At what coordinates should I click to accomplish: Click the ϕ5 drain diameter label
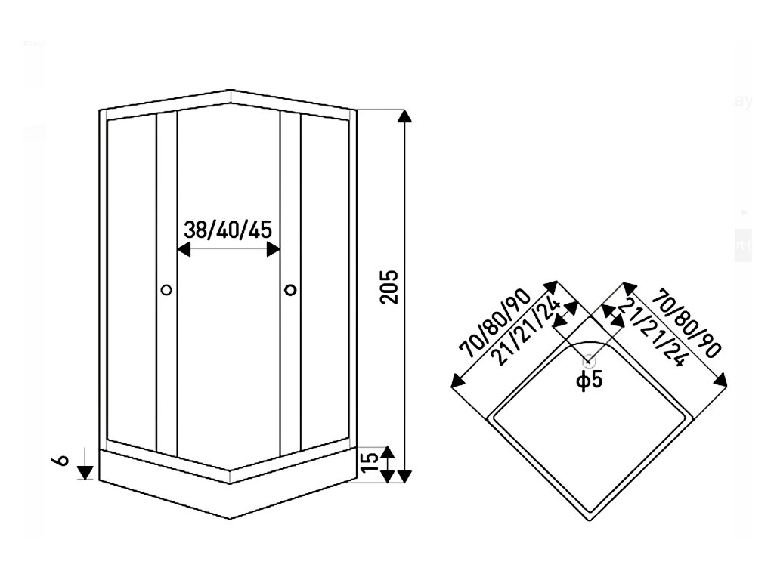590,380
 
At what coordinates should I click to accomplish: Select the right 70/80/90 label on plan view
686,322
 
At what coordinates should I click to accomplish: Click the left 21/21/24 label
530,331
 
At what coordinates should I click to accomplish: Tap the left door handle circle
167,289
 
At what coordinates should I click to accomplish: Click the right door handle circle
291,289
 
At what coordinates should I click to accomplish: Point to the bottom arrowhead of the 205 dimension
405,475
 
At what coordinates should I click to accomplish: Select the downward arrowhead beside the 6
85,472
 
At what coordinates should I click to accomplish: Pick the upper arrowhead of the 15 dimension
387,452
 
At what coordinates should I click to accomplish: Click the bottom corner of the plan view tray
589,520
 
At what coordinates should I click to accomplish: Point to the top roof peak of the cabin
229,90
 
